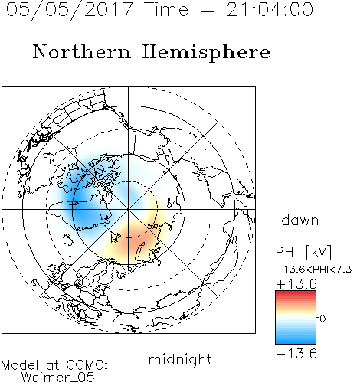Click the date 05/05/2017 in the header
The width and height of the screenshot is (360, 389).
pyautogui.click(x=70, y=10)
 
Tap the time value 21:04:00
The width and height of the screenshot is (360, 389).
pyautogui.click(x=270, y=9)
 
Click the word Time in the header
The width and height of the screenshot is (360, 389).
pyautogui.click(x=166, y=9)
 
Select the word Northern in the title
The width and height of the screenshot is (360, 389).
pyautogui.click(x=82, y=51)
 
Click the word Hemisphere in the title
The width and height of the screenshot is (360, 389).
pyautogui.click(x=206, y=53)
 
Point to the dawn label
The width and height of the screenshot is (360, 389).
pyautogui.click(x=300, y=220)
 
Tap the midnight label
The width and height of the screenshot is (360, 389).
pyautogui.click(x=180, y=360)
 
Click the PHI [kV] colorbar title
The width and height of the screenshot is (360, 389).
pyautogui.click(x=303, y=252)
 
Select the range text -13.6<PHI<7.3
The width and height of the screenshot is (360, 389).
pyautogui.click(x=314, y=270)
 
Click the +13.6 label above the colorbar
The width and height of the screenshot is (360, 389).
pyautogui.click(x=296, y=284)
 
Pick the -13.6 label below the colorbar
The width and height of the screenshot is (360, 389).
pyautogui.click(x=296, y=354)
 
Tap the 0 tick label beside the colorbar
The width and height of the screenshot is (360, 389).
pyautogui.click(x=322, y=319)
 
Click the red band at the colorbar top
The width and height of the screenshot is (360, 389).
pyautogui.click(x=296, y=294)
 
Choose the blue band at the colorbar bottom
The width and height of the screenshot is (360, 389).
pyautogui.click(x=296, y=340)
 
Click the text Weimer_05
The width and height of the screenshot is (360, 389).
pyautogui.click(x=57, y=378)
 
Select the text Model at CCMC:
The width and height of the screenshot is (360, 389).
pyautogui.click(x=54, y=365)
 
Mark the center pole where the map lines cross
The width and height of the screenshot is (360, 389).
pyautogui.click(x=129, y=209)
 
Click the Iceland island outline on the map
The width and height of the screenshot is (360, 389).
pyautogui.click(x=68, y=240)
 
